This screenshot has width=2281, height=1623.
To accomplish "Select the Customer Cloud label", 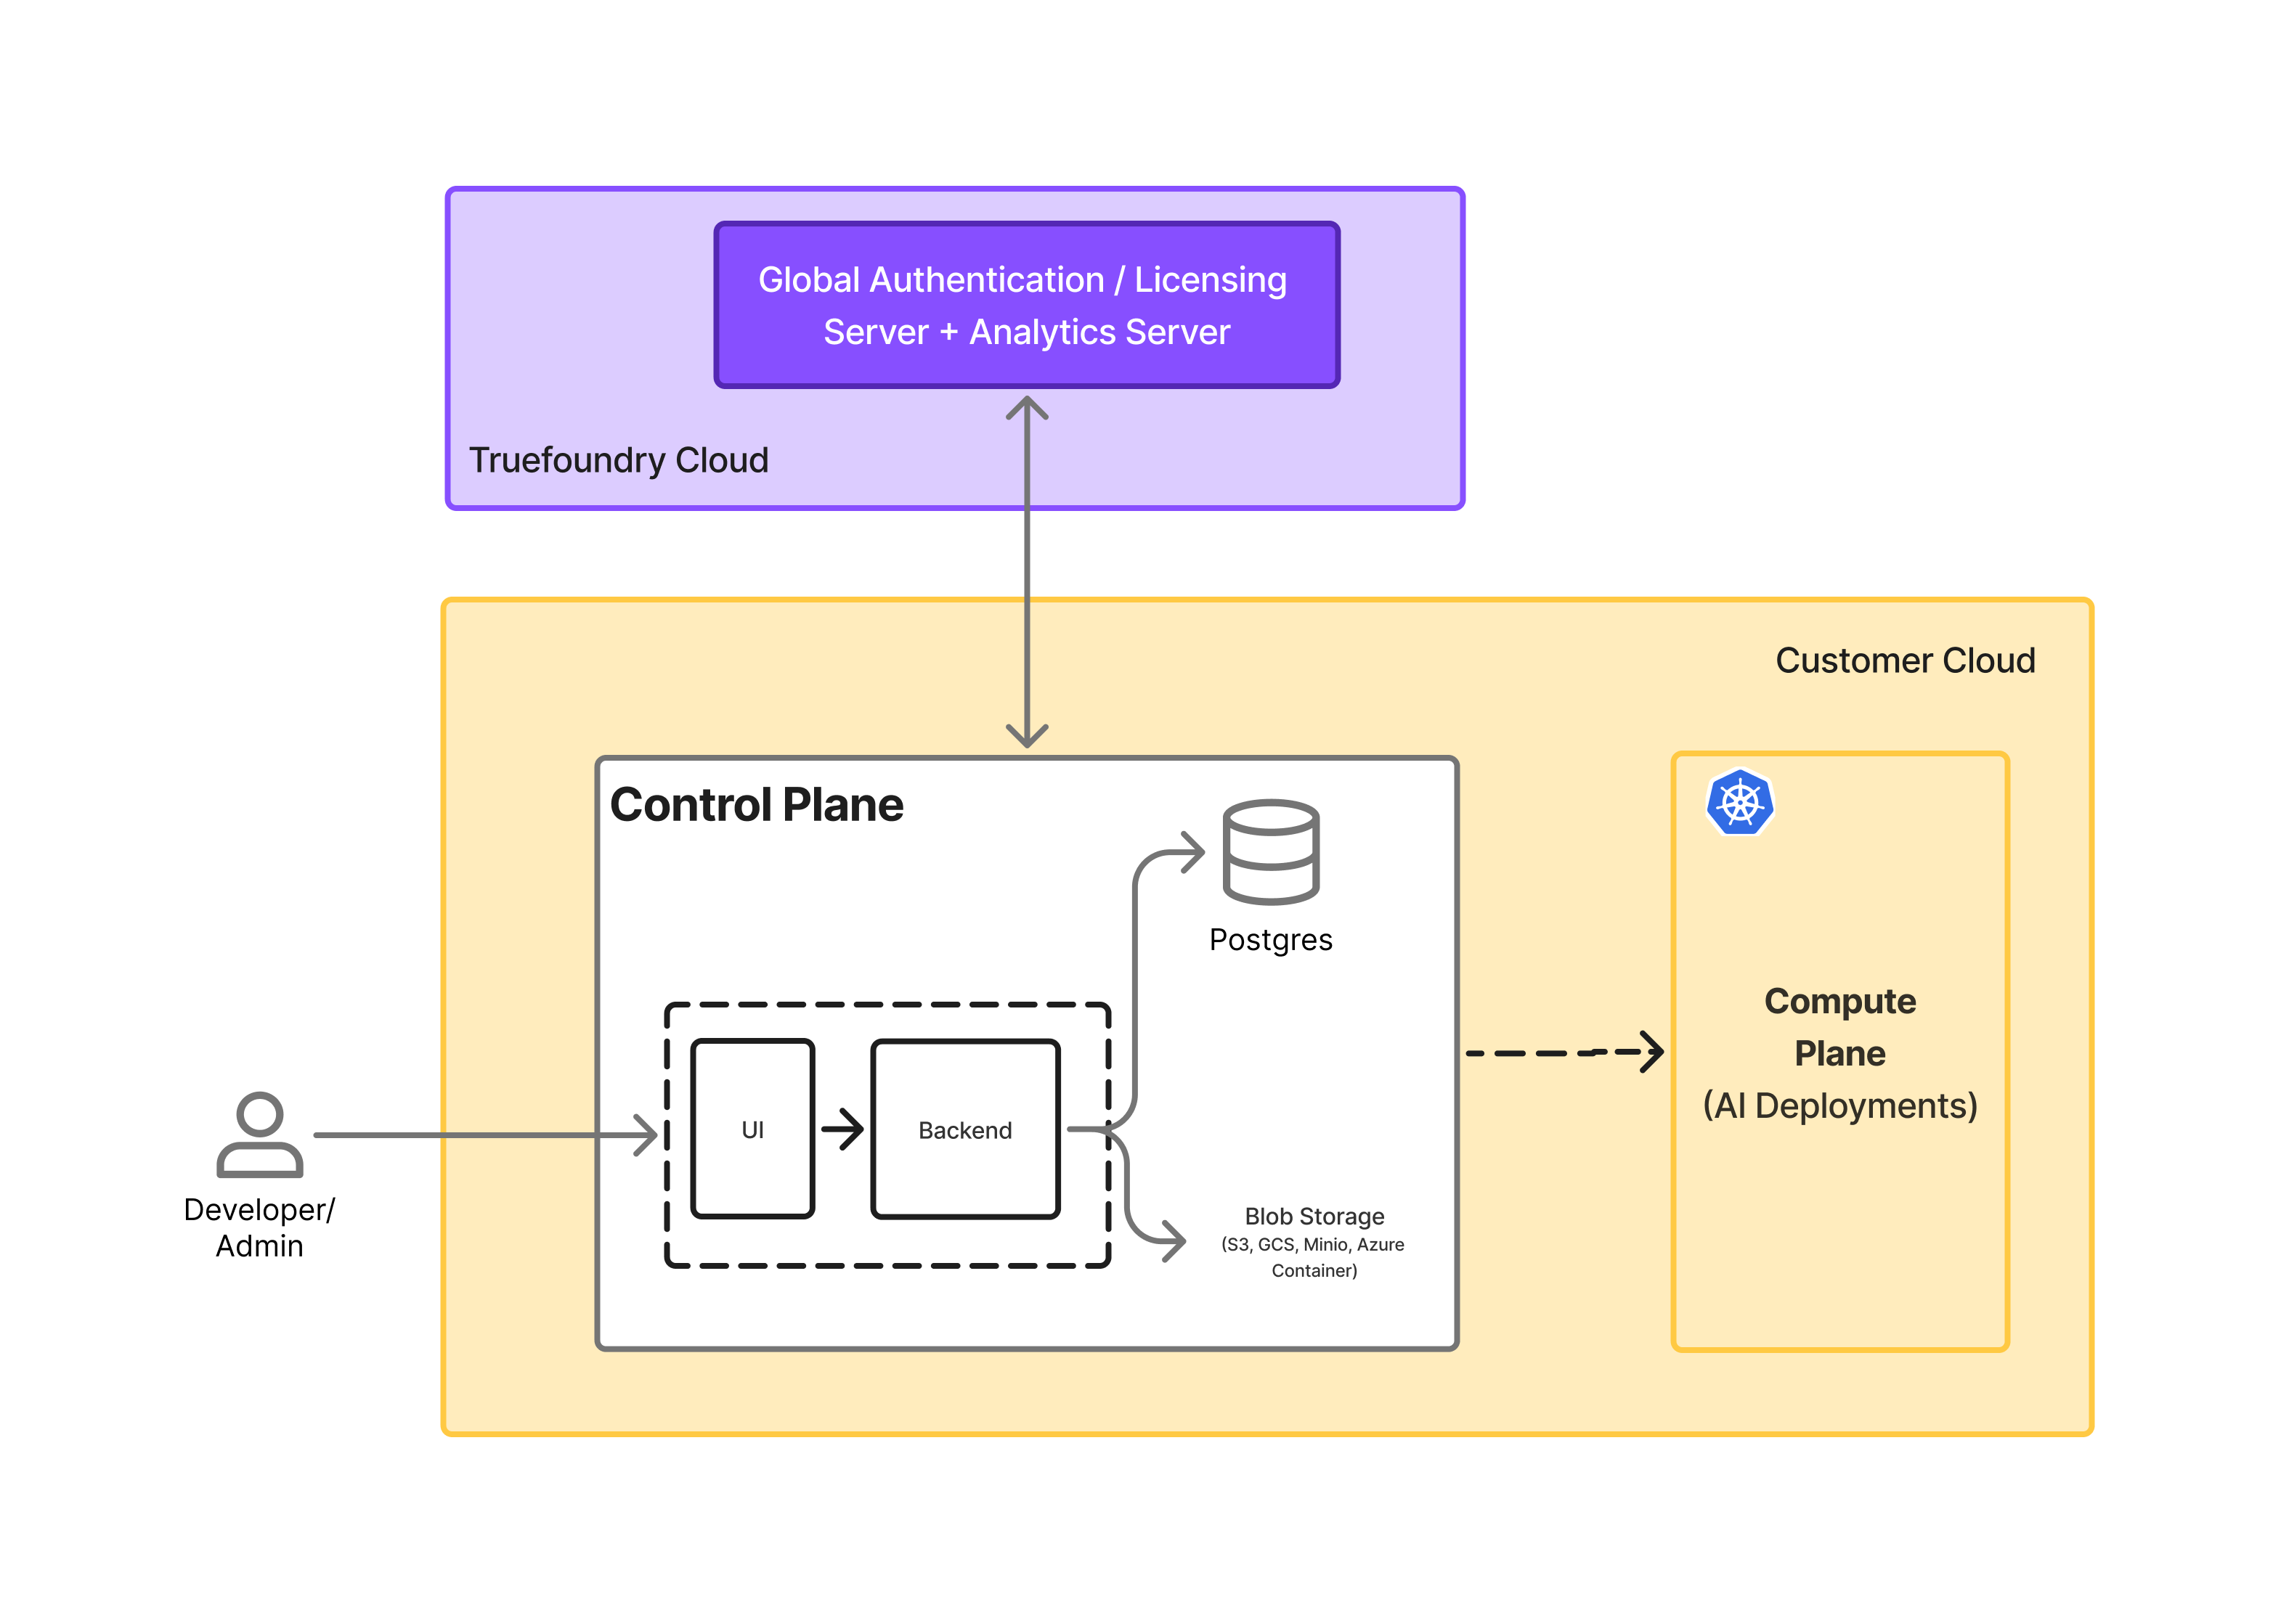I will click(x=1903, y=661).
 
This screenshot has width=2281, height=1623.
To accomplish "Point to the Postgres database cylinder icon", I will click(x=1269, y=851).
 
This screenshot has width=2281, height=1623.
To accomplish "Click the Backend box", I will click(x=964, y=1129).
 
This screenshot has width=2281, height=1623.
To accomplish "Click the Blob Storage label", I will click(x=1314, y=1217).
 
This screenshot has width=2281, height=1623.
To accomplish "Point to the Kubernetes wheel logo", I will click(x=1739, y=803).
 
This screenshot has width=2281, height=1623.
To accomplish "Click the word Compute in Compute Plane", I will click(x=1839, y=1002).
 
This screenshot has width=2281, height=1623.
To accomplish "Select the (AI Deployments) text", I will click(x=1839, y=1106).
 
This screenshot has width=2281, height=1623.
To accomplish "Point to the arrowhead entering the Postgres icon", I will click(x=1195, y=852).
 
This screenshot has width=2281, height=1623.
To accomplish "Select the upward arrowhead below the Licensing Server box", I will click(x=1027, y=406).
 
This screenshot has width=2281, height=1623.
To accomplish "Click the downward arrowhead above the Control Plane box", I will click(x=1027, y=737).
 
